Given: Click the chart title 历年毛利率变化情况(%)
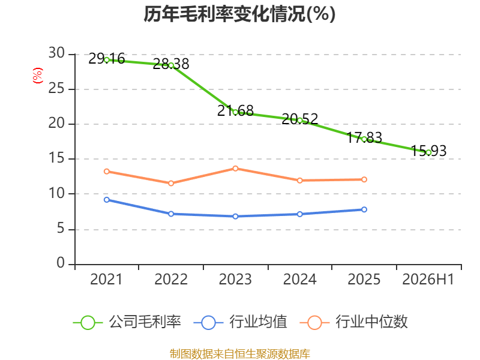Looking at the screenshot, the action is click(239, 14).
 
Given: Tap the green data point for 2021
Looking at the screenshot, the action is click(107, 60).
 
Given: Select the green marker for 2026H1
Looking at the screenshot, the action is click(428, 152).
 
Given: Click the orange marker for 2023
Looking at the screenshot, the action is click(235, 169).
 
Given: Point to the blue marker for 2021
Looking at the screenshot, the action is click(107, 200).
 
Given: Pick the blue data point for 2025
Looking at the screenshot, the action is click(364, 209).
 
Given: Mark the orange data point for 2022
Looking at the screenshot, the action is click(171, 183).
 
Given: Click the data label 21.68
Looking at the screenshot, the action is click(235, 110).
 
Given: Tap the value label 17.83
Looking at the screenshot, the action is click(364, 137).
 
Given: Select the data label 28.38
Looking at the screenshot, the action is click(171, 64).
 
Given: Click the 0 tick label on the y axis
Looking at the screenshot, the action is click(61, 263).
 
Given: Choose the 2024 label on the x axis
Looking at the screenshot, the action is click(299, 279).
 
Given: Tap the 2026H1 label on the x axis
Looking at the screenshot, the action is click(428, 279).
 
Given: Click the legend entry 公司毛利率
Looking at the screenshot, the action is click(127, 322).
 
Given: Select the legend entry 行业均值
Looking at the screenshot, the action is click(241, 322).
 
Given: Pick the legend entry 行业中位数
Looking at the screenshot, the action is click(353, 322).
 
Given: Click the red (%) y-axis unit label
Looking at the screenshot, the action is click(37, 76).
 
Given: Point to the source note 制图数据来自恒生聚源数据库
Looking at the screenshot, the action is click(240, 354).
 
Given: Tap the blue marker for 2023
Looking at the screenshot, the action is click(235, 216).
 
